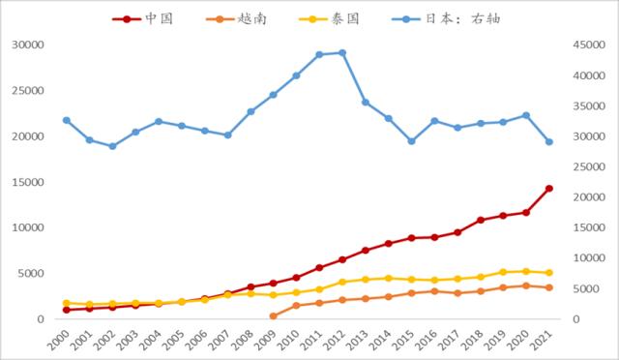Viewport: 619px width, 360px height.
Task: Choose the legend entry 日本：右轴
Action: tap(466, 18)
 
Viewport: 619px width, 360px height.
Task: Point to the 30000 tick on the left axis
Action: tap(27, 45)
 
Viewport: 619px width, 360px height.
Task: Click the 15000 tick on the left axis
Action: tap(27, 182)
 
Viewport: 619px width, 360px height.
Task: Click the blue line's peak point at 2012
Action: tap(342, 52)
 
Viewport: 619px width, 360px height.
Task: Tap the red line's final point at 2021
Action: tap(549, 188)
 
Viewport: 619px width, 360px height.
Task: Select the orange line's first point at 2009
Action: tap(273, 315)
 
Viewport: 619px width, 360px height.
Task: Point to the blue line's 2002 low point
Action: tap(112, 146)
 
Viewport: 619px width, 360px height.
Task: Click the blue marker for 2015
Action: tap(411, 141)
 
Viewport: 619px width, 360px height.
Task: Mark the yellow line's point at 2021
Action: tap(549, 273)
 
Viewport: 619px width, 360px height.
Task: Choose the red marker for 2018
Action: tap(481, 221)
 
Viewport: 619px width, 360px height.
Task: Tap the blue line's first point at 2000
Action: tap(66, 120)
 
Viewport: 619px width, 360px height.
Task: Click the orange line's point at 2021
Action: tap(549, 287)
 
